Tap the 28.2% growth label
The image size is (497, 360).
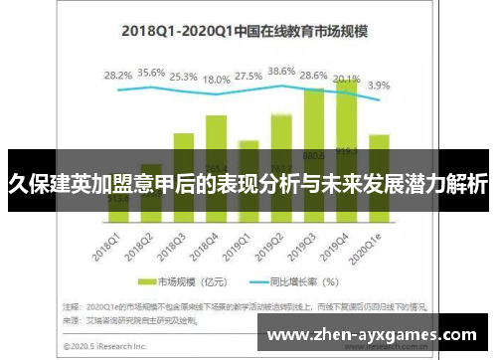118,75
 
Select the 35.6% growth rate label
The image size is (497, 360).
151,73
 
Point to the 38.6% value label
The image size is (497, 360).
282,72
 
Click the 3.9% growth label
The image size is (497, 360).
380,86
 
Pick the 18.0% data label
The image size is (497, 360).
217,79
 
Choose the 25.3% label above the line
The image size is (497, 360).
184,76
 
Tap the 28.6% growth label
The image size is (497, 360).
315,76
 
